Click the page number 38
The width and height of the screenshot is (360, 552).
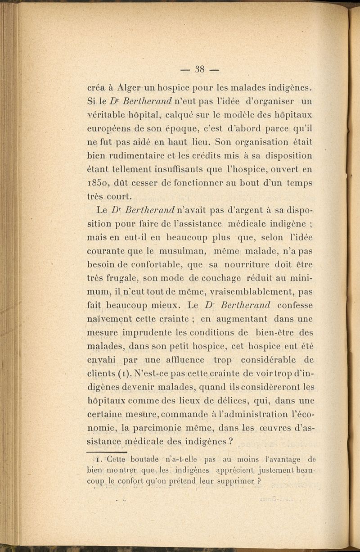pos(200,69)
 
